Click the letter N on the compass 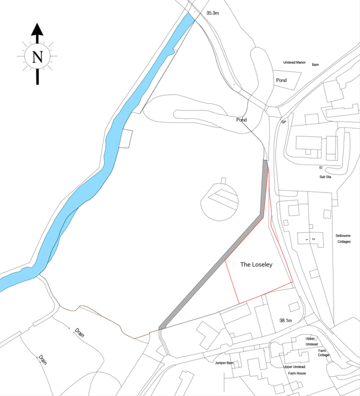coord(37,56)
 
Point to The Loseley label coord(257,265)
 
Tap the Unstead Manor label coord(294,63)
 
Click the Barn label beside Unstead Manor coord(315,64)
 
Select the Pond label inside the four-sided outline coord(281,80)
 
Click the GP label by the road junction coord(284,122)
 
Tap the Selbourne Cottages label coord(343,239)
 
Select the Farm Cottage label coord(324,353)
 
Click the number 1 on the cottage coord(306,240)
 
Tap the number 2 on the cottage coord(313,240)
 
